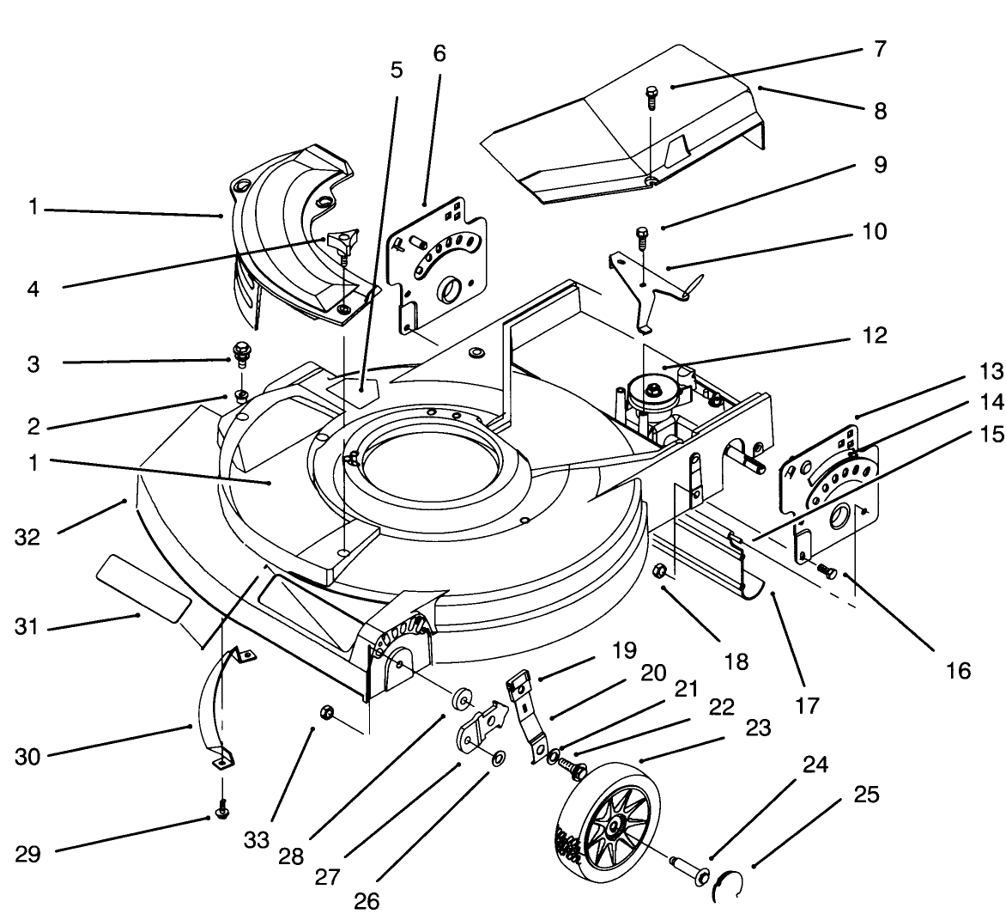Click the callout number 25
[x=866, y=795]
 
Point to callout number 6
[x=439, y=53]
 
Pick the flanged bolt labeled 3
[x=240, y=354]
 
